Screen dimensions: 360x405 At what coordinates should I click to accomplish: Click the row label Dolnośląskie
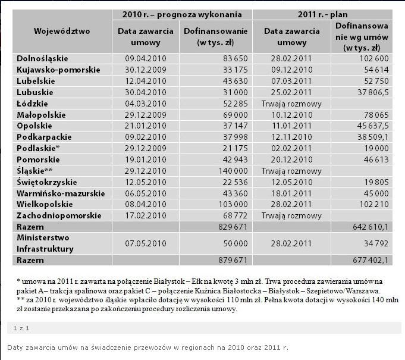pyautogui.click(x=42, y=58)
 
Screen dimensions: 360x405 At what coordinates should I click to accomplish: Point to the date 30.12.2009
pyautogui.click(x=140, y=70)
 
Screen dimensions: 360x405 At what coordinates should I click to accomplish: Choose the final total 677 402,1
pyautogui.click(x=368, y=260)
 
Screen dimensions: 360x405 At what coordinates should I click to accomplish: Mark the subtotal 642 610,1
pyautogui.click(x=368, y=227)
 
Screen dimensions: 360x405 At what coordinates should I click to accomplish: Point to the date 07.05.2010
pyautogui.click(x=140, y=243)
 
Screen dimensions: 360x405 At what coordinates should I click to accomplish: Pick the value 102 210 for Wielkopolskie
pyautogui.click(x=372, y=204)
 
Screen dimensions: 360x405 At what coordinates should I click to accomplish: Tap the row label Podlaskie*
pyautogui.click(x=37, y=148)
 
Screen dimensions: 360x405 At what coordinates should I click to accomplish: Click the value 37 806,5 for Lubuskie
pyautogui.click(x=369, y=92)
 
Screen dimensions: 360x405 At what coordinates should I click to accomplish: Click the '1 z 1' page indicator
pyautogui.click(x=22, y=328)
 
